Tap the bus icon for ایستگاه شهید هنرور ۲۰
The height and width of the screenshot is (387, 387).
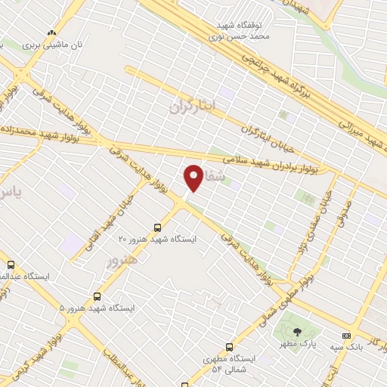[x=157, y=227]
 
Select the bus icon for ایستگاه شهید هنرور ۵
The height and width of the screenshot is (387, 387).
[x=97, y=296]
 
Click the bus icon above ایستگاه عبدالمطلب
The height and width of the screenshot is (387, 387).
[x=11, y=265]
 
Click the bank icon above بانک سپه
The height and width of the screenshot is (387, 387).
[x=346, y=335]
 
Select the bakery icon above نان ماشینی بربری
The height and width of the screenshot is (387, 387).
[x=51, y=33]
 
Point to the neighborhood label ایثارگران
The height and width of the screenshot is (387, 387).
[x=193, y=105]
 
